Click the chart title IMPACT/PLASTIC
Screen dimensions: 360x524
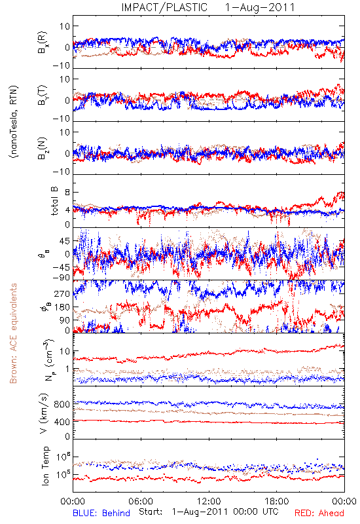pos(164,7)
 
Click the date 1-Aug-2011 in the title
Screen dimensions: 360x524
pos(260,7)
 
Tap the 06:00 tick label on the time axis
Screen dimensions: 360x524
pos(141,501)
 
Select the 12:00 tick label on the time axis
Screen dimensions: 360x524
pos(209,501)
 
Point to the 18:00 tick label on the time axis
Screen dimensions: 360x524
pos(277,501)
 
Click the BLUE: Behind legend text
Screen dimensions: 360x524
pos(101,513)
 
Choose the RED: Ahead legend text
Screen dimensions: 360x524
pos(319,513)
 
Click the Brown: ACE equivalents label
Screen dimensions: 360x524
pos(13,333)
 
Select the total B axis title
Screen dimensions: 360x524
pos(54,201)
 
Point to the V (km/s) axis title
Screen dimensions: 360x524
pos(44,413)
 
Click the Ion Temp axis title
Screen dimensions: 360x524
pos(45,466)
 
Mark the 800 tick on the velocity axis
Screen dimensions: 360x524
pos(62,404)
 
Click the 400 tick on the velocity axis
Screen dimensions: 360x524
pos(62,422)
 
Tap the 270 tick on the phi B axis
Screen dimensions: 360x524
pos(62,293)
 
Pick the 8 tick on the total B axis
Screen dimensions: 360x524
pos(67,193)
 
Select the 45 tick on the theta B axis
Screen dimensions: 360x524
pos(65,241)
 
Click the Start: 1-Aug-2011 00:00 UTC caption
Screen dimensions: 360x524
pos(209,512)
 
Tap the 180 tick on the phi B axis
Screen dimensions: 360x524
pos(62,307)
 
